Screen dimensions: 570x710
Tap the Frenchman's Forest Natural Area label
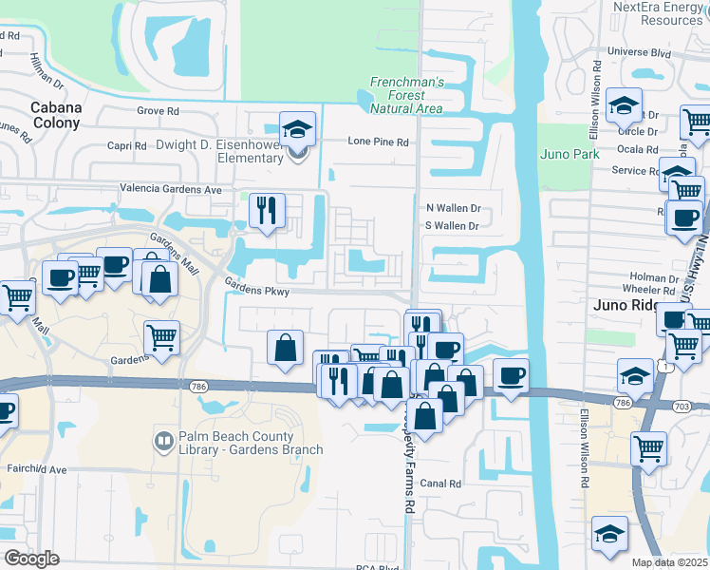click(405, 96)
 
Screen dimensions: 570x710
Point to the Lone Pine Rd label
click(378, 142)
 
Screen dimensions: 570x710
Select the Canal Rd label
click(441, 484)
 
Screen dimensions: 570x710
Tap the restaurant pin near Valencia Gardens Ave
click(266, 210)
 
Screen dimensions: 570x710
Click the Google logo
click(31, 559)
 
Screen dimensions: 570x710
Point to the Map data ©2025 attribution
click(670, 562)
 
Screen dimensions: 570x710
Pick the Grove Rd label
click(158, 111)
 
